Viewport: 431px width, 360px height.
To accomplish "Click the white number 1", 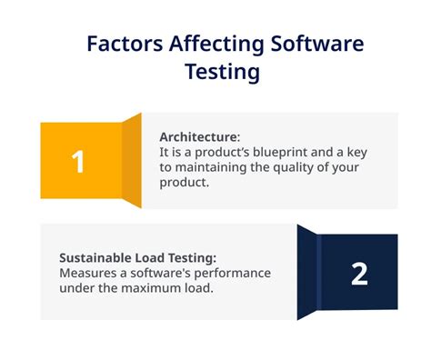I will coord(78,162).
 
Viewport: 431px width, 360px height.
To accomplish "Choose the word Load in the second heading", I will coord(154,257).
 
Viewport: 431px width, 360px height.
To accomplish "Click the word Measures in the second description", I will coord(85,273).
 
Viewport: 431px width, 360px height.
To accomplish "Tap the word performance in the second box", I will coord(229,273).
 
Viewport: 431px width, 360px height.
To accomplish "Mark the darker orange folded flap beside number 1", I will coord(132,160).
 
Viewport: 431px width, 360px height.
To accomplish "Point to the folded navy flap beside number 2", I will coord(309,273).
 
